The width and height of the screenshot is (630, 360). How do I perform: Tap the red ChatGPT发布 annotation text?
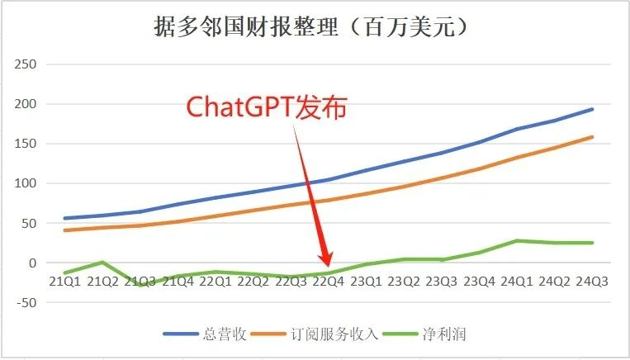[267, 108]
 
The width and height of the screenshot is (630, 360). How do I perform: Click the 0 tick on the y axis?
[34, 263]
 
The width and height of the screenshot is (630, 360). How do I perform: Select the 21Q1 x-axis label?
[64, 282]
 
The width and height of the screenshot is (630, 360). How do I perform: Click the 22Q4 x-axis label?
[329, 282]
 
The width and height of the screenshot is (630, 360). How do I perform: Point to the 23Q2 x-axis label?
[404, 282]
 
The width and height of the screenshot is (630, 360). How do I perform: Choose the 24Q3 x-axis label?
[592, 282]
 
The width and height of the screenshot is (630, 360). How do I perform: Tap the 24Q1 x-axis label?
[517, 282]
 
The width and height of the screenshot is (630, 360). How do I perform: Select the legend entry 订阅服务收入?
[336, 334]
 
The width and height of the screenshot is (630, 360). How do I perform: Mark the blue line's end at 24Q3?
[592, 109]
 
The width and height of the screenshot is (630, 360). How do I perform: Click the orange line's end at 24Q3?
[592, 137]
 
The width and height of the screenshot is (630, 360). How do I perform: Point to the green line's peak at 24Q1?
[517, 240]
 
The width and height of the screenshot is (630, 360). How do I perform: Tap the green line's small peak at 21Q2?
[102, 262]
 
